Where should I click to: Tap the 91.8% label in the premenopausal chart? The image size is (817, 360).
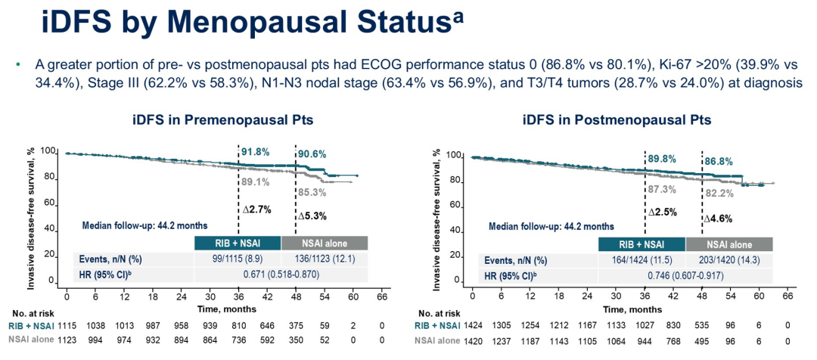256,153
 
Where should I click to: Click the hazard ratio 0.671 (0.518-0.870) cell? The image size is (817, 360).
281,275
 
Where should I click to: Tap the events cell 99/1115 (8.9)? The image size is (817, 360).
238,259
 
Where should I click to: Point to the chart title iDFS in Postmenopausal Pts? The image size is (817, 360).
617,119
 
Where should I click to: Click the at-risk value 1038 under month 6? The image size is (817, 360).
95,325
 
